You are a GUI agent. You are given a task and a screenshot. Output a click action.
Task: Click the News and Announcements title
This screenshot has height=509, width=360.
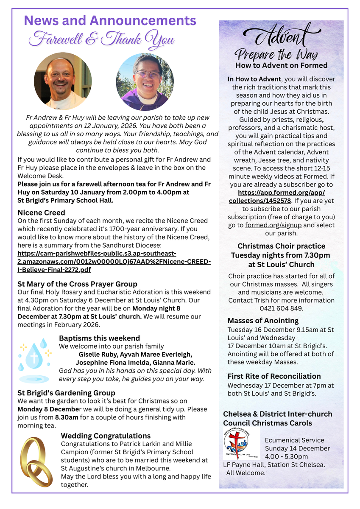[x=110, y=20]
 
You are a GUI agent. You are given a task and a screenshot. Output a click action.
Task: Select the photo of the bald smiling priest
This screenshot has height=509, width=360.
[x=63, y=81]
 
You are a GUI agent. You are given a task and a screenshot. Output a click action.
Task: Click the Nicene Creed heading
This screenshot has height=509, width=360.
[x=42, y=213]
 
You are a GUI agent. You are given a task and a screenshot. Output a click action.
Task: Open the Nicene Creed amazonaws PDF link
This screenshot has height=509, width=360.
[x=114, y=261]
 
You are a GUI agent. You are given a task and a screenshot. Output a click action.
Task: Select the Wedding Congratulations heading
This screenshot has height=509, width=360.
[x=106, y=436]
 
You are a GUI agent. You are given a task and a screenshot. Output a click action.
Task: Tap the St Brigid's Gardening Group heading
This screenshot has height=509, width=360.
[x=66, y=393]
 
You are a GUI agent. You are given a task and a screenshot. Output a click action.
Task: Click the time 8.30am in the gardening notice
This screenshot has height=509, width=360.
[x=66, y=417]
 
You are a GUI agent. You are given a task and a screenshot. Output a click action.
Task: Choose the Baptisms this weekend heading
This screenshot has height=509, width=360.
[x=99, y=338]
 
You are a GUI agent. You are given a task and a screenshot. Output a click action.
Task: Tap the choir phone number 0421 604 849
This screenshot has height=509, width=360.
[x=282, y=308]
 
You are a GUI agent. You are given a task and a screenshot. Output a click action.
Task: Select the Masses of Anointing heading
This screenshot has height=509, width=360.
[x=263, y=321]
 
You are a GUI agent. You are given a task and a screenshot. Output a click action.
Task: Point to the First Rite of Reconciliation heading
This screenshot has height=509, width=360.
[x=274, y=376]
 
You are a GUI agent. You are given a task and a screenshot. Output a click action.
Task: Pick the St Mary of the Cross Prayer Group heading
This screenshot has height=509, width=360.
[x=77, y=284]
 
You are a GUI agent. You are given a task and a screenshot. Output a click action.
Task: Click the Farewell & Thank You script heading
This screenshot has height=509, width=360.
[x=102, y=39]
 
